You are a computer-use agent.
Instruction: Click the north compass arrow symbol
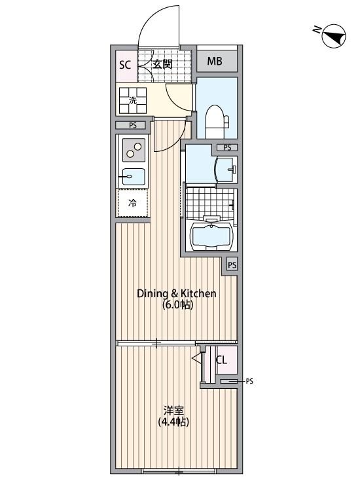(x=334, y=37)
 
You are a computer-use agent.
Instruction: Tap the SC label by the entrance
(x=124, y=64)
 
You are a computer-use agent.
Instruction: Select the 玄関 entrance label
(x=162, y=64)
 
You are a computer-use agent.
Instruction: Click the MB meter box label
(x=215, y=62)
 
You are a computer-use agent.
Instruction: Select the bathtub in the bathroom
(x=210, y=236)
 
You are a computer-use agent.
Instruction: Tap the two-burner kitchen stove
(x=134, y=152)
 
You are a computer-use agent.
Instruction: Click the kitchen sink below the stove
(x=134, y=176)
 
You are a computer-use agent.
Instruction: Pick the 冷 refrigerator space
(x=133, y=203)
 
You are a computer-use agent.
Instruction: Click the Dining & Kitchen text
(x=176, y=294)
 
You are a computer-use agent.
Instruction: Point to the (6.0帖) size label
(x=177, y=305)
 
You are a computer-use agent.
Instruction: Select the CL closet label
(x=221, y=359)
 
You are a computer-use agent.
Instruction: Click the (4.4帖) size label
(x=173, y=422)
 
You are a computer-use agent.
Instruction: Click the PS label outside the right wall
(x=249, y=380)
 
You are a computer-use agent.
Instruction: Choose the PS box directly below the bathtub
(x=232, y=265)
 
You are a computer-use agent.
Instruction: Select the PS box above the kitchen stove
(x=133, y=126)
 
